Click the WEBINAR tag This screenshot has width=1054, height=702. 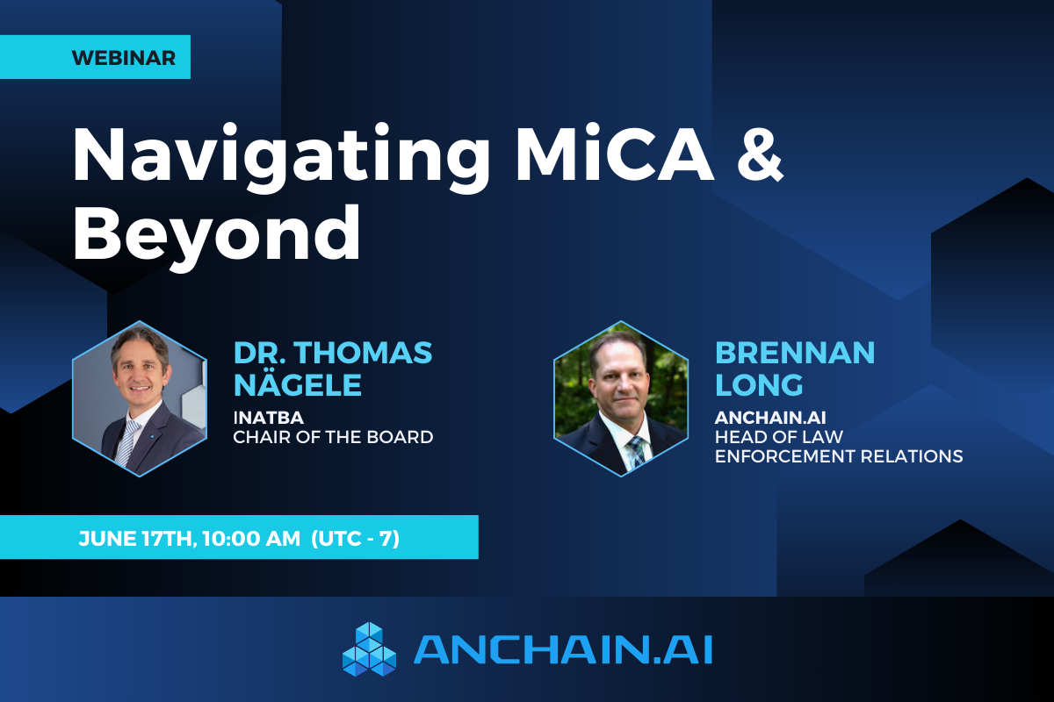click(x=123, y=58)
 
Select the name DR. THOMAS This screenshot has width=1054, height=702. click(x=333, y=353)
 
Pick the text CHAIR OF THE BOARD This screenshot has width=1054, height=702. click(x=333, y=436)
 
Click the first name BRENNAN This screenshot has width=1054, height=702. click(x=795, y=353)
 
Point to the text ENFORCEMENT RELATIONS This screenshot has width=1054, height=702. click(x=839, y=456)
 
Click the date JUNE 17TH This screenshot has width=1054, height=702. click(x=136, y=538)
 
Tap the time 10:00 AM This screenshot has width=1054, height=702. click(x=251, y=538)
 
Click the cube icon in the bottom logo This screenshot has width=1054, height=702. click(x=369, y=649)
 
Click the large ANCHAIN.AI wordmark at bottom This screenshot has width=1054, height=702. click(x=562, y=650)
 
